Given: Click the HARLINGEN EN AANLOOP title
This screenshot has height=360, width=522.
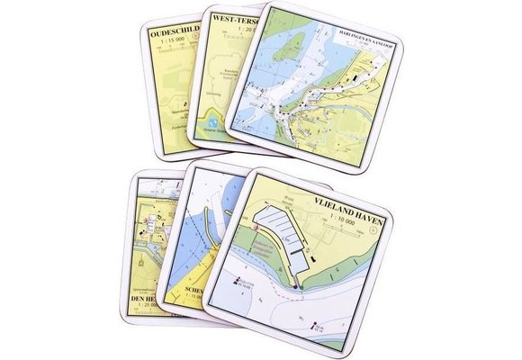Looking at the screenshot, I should click(357, 38).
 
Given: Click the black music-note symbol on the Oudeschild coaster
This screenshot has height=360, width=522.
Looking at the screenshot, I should click(184, 103).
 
